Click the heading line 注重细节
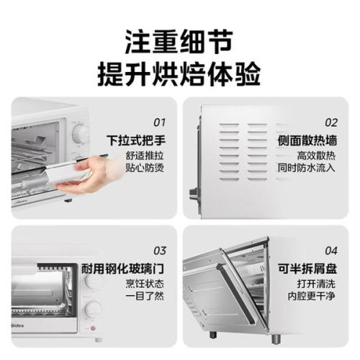pyautogui.click(x=179, y=42)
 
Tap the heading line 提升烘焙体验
pyautogui.click(x=179, y=73)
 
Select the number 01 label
pyautogui.click(x=160, y=122)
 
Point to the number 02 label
pyautogui.click(x=331, y=122)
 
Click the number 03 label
pyautogui.click(x=160, y=251)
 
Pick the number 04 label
pyautogui.click(x=331, y=251)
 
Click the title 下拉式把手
pyautogui.click(x=136, y=140)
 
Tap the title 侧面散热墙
pyautogui.click(x=307, y=140)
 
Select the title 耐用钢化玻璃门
pyautogui.click(x=122, y=269)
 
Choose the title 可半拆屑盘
pyautogui.click(x=307, y=269)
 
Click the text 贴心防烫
pyautogui.click(x=145, y=167)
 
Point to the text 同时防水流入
pyautogui.click(x=307, y=167)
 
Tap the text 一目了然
pyautogui.click(x=145, y=295)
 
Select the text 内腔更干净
pyautogui.click(x=312, y=295)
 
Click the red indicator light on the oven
pyautogui.click(x=93, y=328)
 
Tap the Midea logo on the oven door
pyautogui.click(x=18, y=325)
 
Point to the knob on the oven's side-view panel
pyautogui.click(x=193, y=193)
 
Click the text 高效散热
pyautogui.click(x=316, y=156)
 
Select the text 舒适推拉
pyautogui.click(x=145, y=156)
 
